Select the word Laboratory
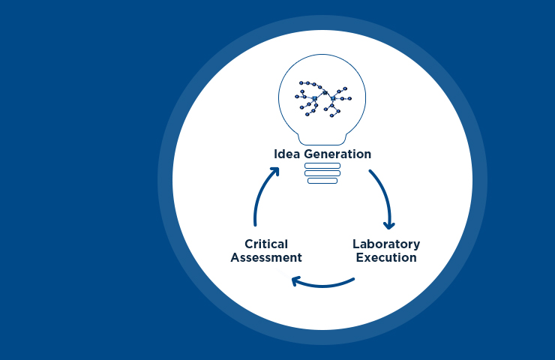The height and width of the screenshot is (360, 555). [x=386, y=244]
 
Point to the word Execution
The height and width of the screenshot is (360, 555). [x=386, y=258]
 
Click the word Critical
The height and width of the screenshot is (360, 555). [x=266, y=244]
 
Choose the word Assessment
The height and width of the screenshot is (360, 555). [x=266, y=258]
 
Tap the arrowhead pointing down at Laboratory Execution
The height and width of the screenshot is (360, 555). [x=388, y=223]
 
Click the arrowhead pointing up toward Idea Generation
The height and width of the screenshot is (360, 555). [x=274, y=172]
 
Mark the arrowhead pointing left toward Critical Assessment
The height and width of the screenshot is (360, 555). [x=296, y=281]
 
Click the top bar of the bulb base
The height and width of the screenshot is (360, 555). [x=322, y=166]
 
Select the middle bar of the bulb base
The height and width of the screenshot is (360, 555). [x=322, y=173]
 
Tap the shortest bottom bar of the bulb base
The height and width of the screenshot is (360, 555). [x=322, y=181]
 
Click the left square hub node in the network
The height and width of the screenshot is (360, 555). [x=315, y=99]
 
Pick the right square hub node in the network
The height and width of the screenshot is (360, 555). [x=333, y=98]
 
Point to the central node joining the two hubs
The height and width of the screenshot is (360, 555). [x=325, y=92]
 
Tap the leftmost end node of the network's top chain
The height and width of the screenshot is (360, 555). [x=301, y=82]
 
